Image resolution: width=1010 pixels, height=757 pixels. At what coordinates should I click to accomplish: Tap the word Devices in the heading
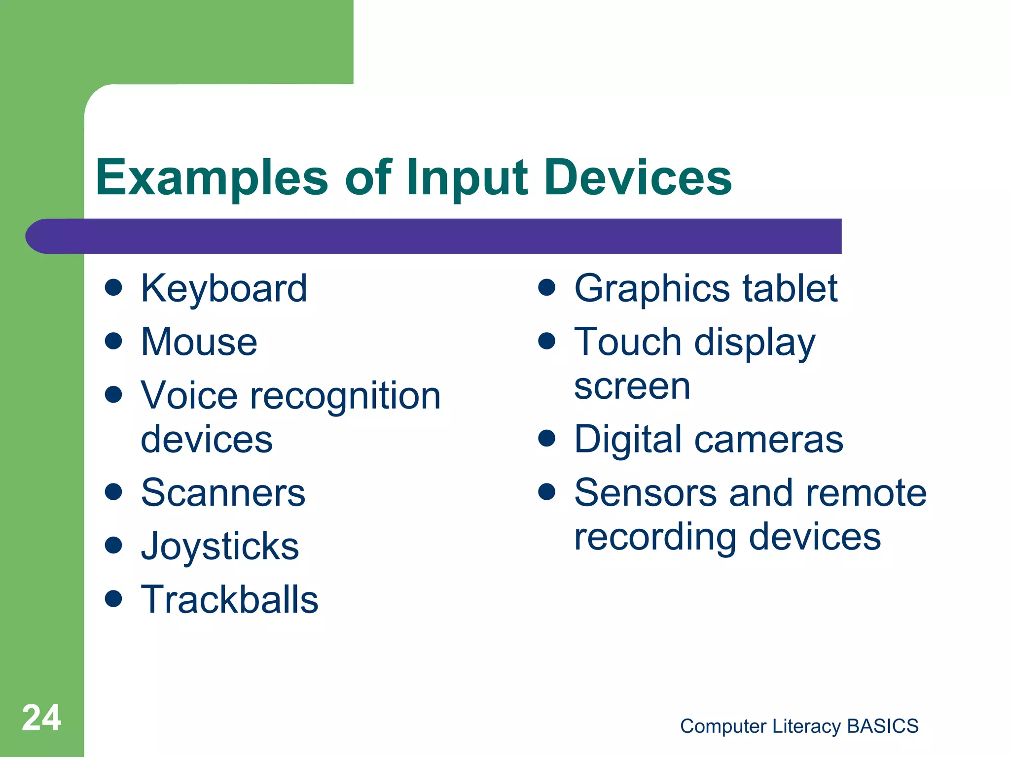(638, 177)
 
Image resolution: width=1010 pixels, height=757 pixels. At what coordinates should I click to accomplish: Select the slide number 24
(41, 718)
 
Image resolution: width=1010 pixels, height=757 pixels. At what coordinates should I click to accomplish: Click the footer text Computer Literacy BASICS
(799, 726)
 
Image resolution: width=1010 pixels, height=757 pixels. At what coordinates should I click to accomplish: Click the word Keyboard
(224, 289)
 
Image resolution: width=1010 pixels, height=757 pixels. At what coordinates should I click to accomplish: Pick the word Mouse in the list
(199, 342)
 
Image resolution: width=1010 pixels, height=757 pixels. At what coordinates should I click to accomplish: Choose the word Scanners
(223, 493)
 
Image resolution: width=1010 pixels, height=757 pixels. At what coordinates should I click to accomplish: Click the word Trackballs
(230, 600)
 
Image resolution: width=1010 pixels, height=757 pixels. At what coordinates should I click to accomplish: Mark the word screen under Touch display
(632, 387)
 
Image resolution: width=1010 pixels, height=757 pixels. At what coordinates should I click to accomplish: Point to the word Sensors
(646, 493)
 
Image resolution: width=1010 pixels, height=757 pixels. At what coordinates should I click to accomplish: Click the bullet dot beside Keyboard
(113, 287)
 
